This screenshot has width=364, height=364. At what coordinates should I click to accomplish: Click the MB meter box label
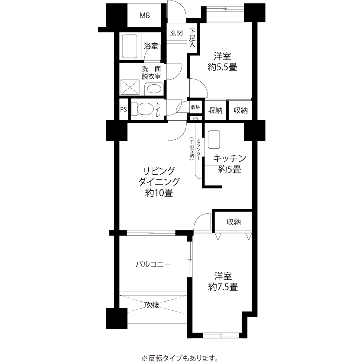[144, 16]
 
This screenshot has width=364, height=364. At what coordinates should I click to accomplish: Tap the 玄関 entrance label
[176, 33]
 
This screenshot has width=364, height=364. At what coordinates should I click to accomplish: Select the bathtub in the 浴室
[130, 46]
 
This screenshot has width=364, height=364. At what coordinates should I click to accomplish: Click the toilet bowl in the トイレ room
[142, 109]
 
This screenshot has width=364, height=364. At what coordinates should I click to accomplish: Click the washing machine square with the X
[130, 87]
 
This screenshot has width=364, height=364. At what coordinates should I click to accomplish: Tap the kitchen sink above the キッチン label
[214, 139]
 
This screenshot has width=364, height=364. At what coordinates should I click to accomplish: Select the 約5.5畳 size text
[222, 67]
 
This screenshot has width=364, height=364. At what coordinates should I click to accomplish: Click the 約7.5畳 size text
[223, 287]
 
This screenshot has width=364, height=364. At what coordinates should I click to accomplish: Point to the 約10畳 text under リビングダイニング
[159, 193]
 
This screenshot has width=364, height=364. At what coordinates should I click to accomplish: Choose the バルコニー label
[153, 264]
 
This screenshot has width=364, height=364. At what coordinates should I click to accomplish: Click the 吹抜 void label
[152, 305]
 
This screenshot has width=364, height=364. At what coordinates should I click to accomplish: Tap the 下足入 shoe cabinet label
[192, 38]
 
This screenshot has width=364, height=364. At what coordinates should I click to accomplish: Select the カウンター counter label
[198, 150]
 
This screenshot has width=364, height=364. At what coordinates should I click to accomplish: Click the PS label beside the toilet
[124, 109]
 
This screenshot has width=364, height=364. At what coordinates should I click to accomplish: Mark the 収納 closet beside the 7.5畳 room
[234, 222]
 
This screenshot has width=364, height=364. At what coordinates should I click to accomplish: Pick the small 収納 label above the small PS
[196, 107]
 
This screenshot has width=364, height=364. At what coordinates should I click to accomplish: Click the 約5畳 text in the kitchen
[230, 170]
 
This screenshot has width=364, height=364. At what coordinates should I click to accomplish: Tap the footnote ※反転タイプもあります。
[180, 358]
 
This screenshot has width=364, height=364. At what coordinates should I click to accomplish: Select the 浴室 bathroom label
[151, 46]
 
